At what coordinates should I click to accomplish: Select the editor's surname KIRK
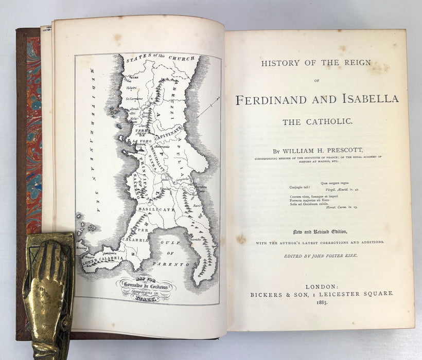point(347,256)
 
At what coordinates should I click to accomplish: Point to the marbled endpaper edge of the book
point(33,129)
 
